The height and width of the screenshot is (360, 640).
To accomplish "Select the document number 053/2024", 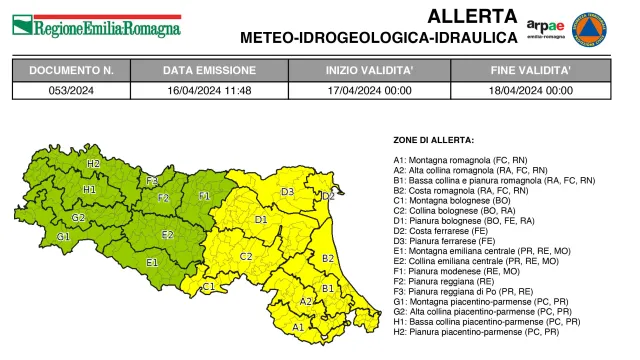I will click(71, 90).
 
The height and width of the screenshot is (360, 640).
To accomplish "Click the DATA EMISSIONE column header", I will click(210, 72).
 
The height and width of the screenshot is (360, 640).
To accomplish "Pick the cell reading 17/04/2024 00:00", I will click(364, 90).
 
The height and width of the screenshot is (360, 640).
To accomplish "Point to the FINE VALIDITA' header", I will click(531, 72).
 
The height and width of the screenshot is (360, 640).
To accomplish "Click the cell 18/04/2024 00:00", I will click(531, 90).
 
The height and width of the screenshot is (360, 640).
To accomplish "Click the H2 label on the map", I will click(93, 163).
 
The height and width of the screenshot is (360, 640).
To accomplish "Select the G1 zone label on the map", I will click(63, 237).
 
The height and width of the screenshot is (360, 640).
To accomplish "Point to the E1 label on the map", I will click(153, 262).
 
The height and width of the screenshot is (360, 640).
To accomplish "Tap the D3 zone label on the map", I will click(287, 191).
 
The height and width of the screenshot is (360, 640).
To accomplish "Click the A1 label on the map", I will click(298, 326).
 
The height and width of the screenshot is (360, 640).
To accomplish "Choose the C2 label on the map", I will click(245, 256).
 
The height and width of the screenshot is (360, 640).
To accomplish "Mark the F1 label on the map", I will click(205, 196).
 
